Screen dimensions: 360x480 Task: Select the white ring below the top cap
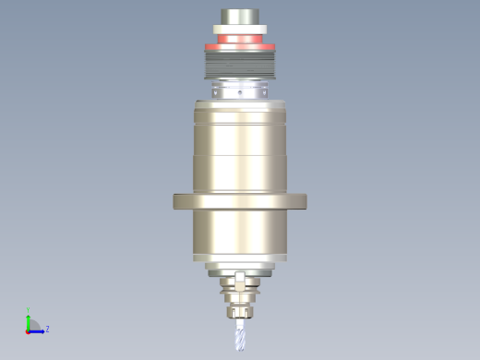coord(239,32)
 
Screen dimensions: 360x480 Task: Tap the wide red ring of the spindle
coord(239,42)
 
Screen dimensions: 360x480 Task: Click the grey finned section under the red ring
coord(239,65)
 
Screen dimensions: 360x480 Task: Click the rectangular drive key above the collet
coord(239,279)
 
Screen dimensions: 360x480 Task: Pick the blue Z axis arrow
coord(39,329)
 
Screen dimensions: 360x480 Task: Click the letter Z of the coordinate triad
coord(47,329)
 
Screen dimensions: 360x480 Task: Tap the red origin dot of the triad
coord(28,330)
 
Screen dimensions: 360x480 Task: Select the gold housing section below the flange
coord(239,235)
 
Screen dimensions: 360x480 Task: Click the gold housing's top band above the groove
coord(239,129)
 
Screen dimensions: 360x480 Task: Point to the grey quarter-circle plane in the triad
coord(33,325)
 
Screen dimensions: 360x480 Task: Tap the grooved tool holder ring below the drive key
coord(239,289)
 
